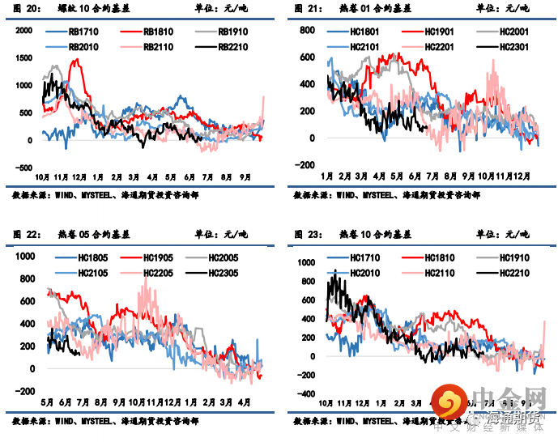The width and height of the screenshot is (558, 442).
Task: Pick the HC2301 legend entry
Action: tap(505, 47)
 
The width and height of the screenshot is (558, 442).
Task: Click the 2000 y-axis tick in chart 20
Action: tap(23, 30)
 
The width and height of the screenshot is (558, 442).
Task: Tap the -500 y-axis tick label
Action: tap(23, 168)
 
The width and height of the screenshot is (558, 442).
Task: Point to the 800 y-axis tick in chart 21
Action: tap(306, 30)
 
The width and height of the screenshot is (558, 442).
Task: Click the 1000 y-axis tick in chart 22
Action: tap(23, 256)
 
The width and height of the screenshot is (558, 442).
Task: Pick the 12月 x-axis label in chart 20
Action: tap(80, 177)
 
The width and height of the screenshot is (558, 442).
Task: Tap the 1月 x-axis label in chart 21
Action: tap(327, 176)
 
